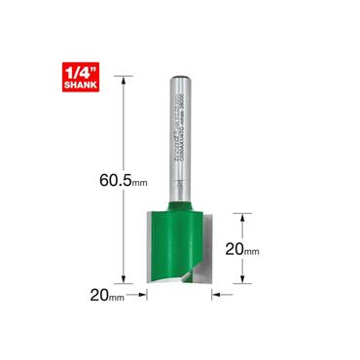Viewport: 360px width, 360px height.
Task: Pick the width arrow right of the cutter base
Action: point(217,291)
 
